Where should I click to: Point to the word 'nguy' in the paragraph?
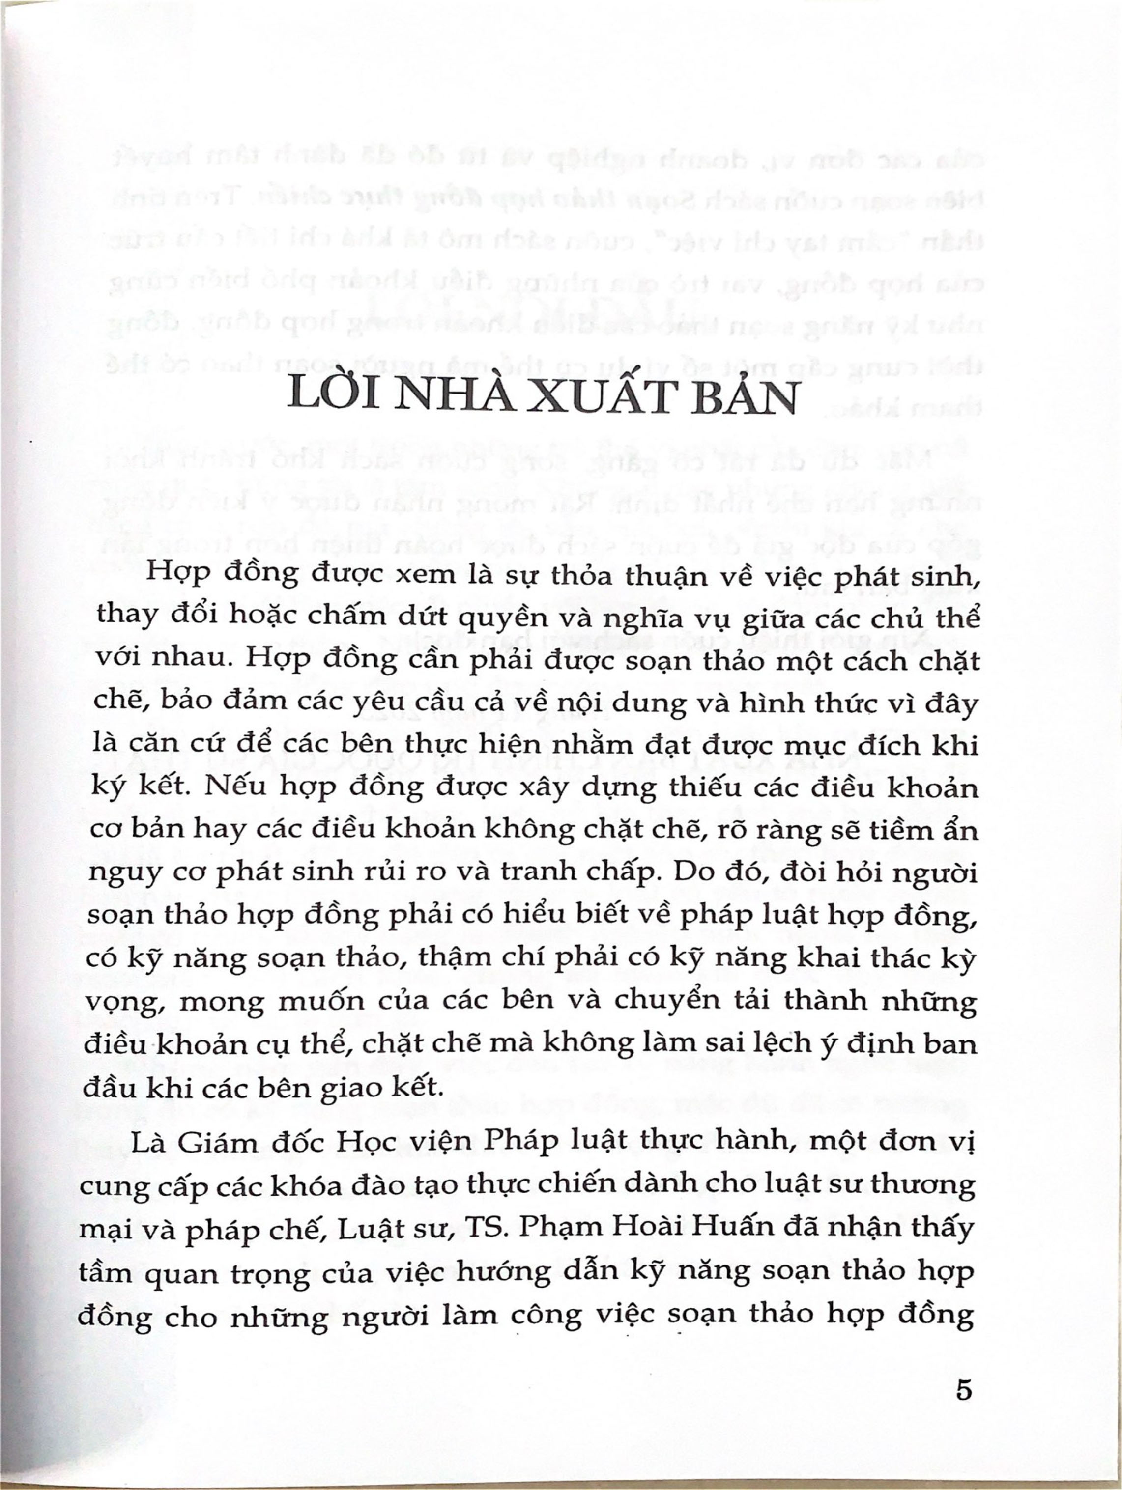tap(121, 873)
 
